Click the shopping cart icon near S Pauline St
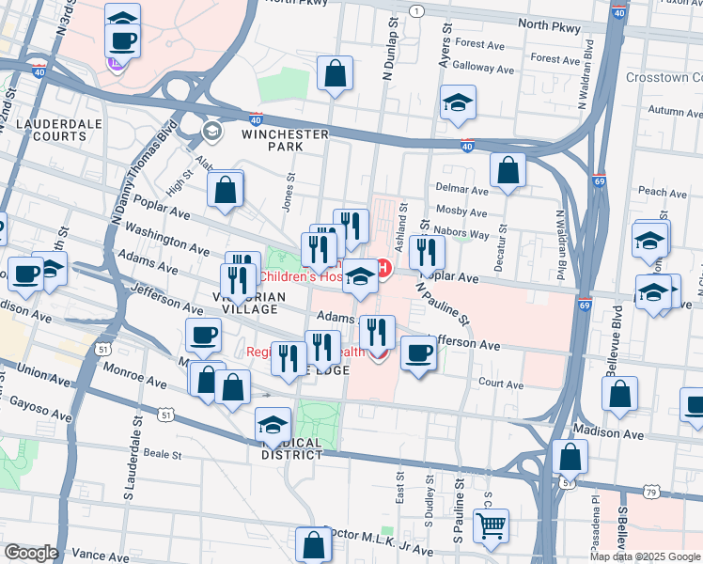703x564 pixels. click(491, 525)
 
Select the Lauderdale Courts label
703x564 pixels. click(53, 130)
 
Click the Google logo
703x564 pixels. click(30, 553)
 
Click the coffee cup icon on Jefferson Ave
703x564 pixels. click(417, 353)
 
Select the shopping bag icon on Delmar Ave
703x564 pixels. click(508, 170)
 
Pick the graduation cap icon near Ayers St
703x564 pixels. click(457, 102)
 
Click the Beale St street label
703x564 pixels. click(162, 454)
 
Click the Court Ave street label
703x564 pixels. click(501, 384)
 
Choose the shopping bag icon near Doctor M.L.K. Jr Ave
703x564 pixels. click(313, 544)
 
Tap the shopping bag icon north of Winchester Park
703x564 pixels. click(335, 73)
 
